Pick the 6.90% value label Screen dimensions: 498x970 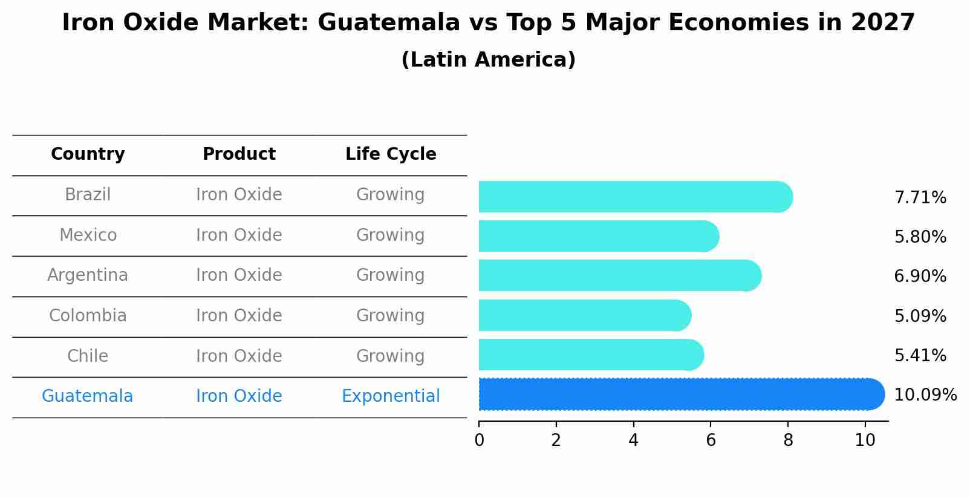[x=920, y=277]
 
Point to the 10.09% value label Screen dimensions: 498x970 [x=925, y=395]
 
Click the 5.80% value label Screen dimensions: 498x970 [x=920, y=237]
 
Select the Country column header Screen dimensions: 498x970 [x=88, y=154]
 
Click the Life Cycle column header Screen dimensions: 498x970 [x=391, y=154]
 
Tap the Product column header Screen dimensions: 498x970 [x=239, y=154]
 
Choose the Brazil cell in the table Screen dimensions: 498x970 [x=88, y=195]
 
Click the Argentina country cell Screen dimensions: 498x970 [x=88, y=275]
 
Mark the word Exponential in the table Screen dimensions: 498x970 [x=391, y=396]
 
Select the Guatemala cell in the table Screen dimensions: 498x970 [x=87, y=396]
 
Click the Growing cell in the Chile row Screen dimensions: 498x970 [x=390, y=356]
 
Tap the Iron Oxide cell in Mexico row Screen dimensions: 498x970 [x=239, y=235]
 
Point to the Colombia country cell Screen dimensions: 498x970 [x=88, y=316]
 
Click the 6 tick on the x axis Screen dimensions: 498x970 [x=711, y=440]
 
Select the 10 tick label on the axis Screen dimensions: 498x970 [x=865, y=440]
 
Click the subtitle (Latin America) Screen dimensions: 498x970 [x=488, y=60]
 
